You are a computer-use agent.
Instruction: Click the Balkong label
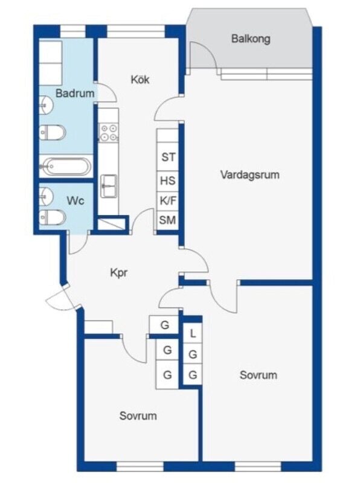pyautogui.click(x=251, y=39)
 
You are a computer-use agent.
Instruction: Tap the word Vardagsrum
pyautogui.click(x=250, y=174)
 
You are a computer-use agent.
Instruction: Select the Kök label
pyautogui.click(x=140, y=79)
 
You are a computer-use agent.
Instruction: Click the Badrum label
pyautogui.click(x=75, y=93)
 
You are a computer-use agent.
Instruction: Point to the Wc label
pyautogui.click(x=76, y=201)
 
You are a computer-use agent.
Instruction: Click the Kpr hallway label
pyautogui.click(x=118, y=273)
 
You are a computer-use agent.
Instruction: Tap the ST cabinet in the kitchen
pyautogui.click(x=168, y=157)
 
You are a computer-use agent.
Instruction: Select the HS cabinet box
pyautogui.click(x=168, y=181)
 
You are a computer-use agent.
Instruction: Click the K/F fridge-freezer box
pyautogui.click(x=168, y=201)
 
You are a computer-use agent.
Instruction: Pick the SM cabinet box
pyautogui.click(x=167, y=220)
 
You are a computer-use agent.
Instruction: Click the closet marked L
pyautogui.click(x=193, y=333)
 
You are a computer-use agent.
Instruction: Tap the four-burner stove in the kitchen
pyautogui.click(x=109, y=132)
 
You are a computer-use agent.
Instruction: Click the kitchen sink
pyautogui.click(x=109, y=186)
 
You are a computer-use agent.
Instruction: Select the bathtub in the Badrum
pyautogui.click(x=65, y=167)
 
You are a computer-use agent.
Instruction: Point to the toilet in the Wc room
pyautogui.click(x=53, y=217)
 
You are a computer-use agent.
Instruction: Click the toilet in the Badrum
pyautogui.click(x=53, y=133)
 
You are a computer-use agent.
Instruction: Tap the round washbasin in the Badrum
pyautogui.click(x=46, y=104)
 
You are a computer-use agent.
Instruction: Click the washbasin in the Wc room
pyautogui.click(x=46, y=196)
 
